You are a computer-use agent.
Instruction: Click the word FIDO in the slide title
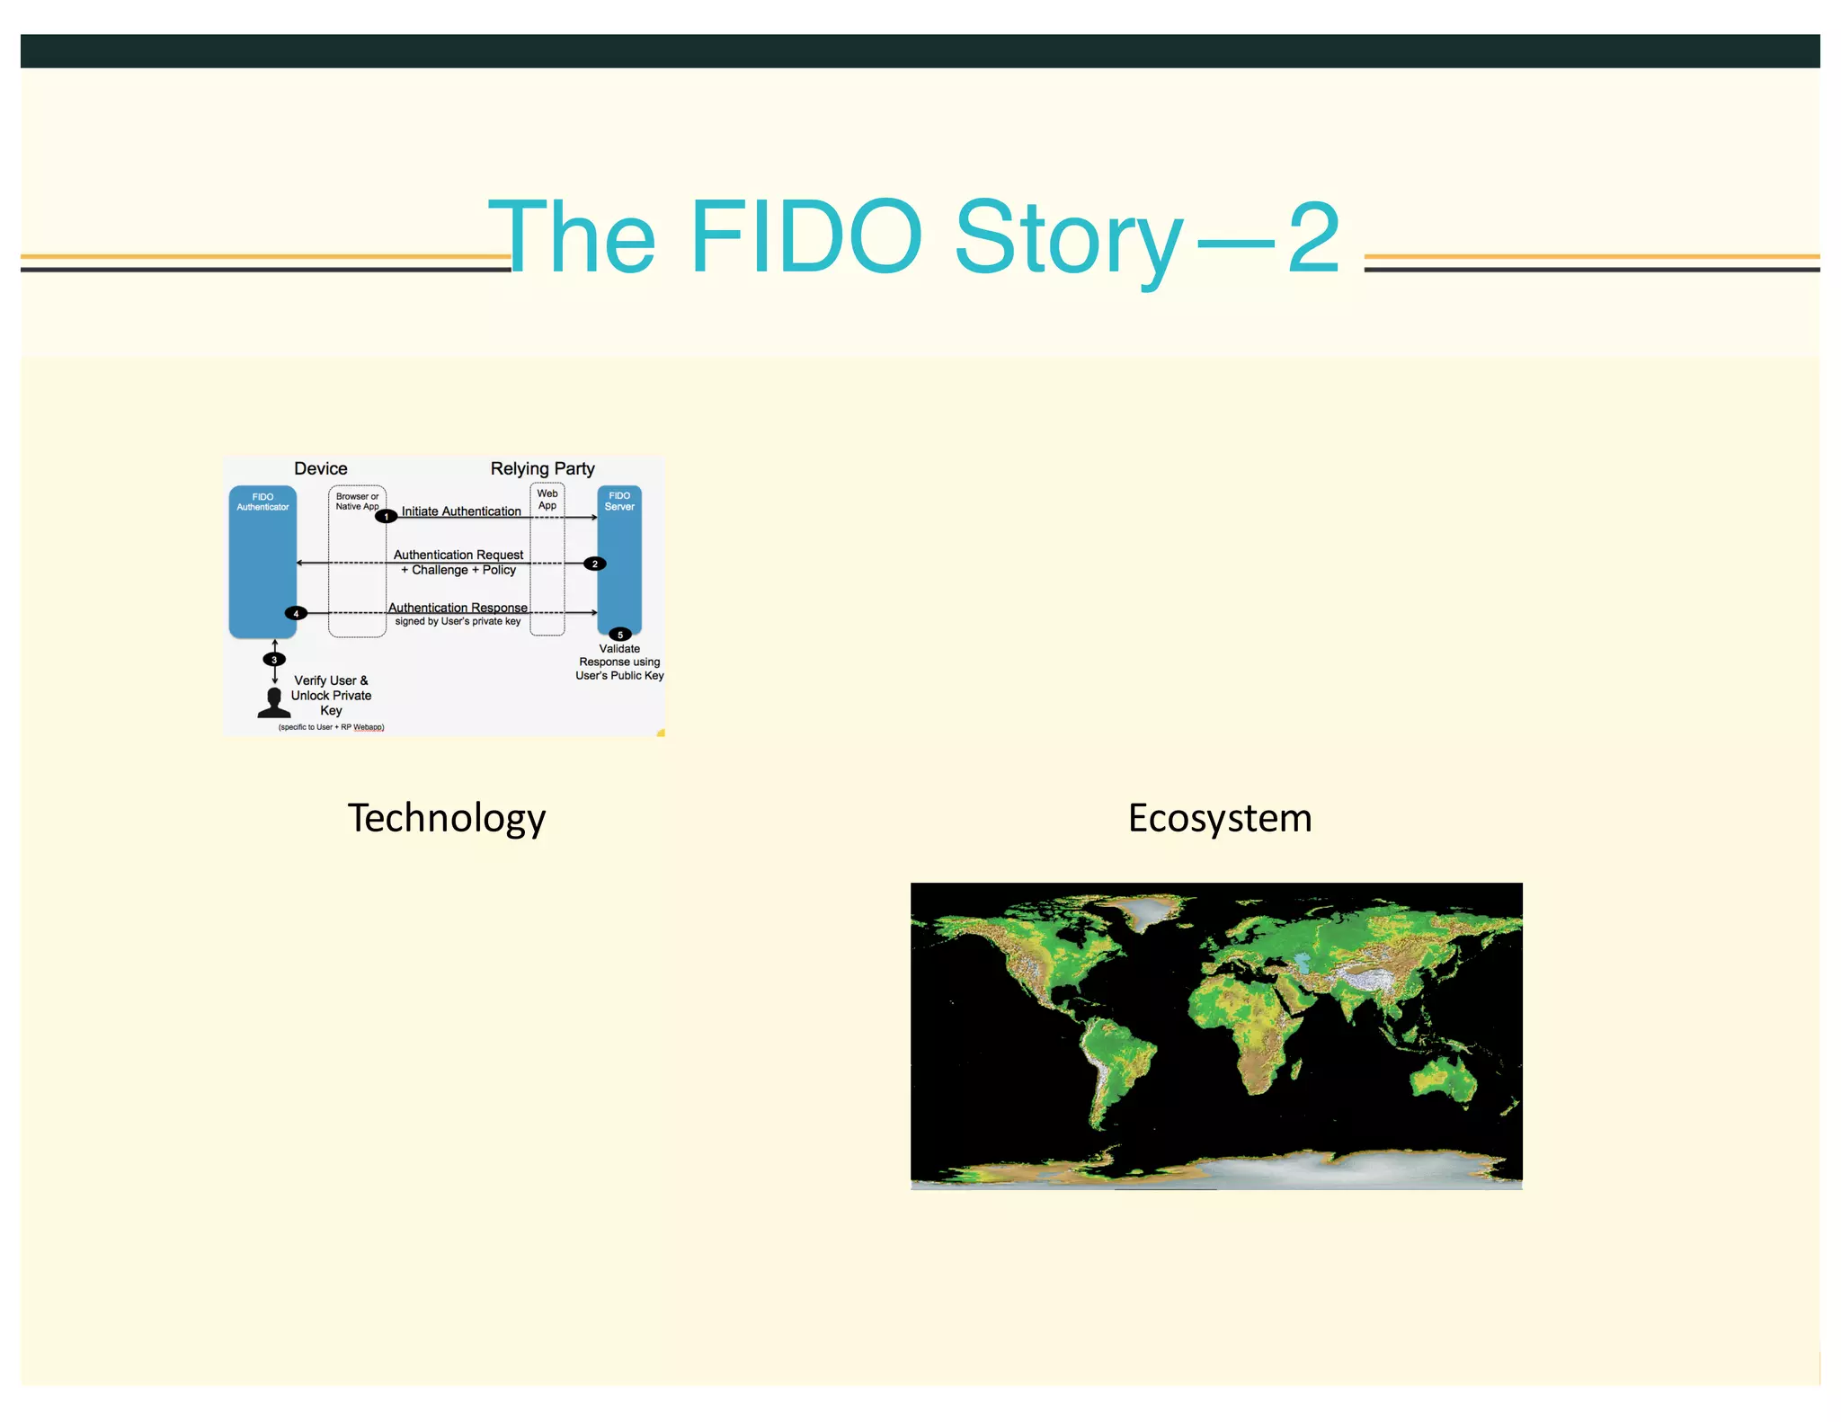pos(805,237)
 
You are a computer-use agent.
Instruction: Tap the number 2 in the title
pos(1313,237)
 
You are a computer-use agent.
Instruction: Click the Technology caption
pos(447,818)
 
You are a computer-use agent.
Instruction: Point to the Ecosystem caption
pos(1220,818)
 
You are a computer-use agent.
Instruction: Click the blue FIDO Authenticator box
pos(262,566)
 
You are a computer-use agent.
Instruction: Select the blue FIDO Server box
pos(619,562)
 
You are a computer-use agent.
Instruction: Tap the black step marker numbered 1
pos(386,516)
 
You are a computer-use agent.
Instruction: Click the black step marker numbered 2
pos(594,564)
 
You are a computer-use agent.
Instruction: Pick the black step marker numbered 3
pos(274,659)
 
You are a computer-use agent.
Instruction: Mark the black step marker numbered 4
pos(296,613)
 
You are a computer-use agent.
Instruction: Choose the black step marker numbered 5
pos(619,634)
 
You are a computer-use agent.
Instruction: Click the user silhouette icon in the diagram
pos(274,703)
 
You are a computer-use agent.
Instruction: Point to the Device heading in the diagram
pos(320,468)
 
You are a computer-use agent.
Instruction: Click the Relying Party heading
pos(542,468)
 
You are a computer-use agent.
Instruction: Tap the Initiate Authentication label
pos(461,511)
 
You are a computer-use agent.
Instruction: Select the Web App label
pos(547,499)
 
